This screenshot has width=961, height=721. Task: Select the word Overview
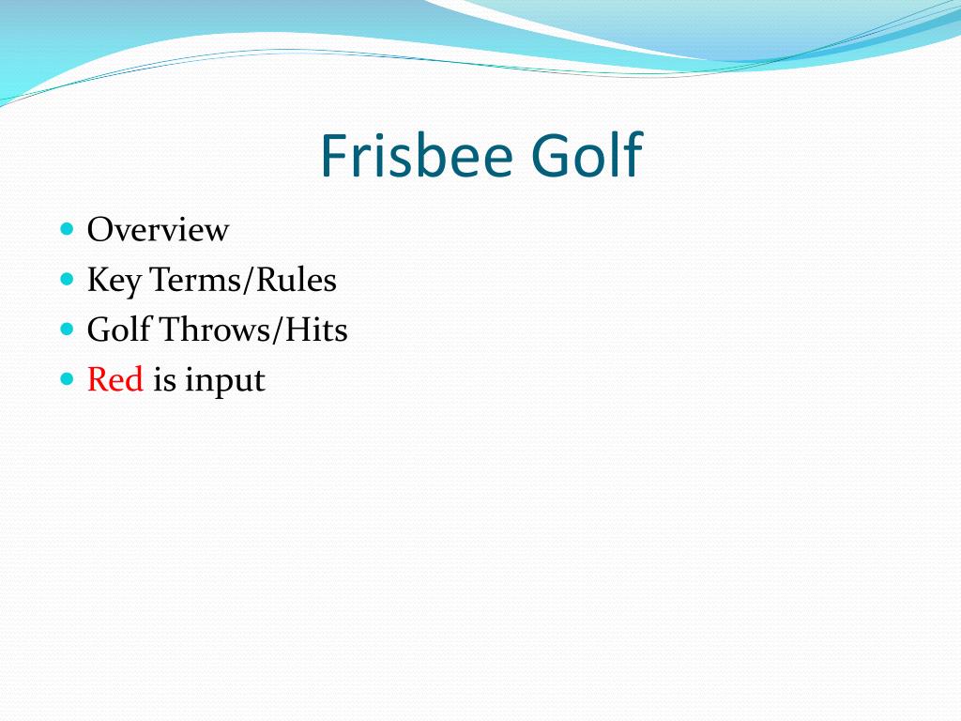point(158,230)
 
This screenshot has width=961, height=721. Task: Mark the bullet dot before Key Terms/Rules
point(66,279)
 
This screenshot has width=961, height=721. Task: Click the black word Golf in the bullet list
point(118,330)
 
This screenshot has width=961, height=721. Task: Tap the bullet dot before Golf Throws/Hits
point(66,329)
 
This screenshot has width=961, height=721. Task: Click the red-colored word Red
point(114,380)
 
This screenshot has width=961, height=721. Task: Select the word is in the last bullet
point(164,380)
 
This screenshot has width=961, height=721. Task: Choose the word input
point(225,382)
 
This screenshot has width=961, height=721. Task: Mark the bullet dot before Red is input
point(66,379)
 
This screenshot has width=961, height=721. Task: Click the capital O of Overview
point(99,230)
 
